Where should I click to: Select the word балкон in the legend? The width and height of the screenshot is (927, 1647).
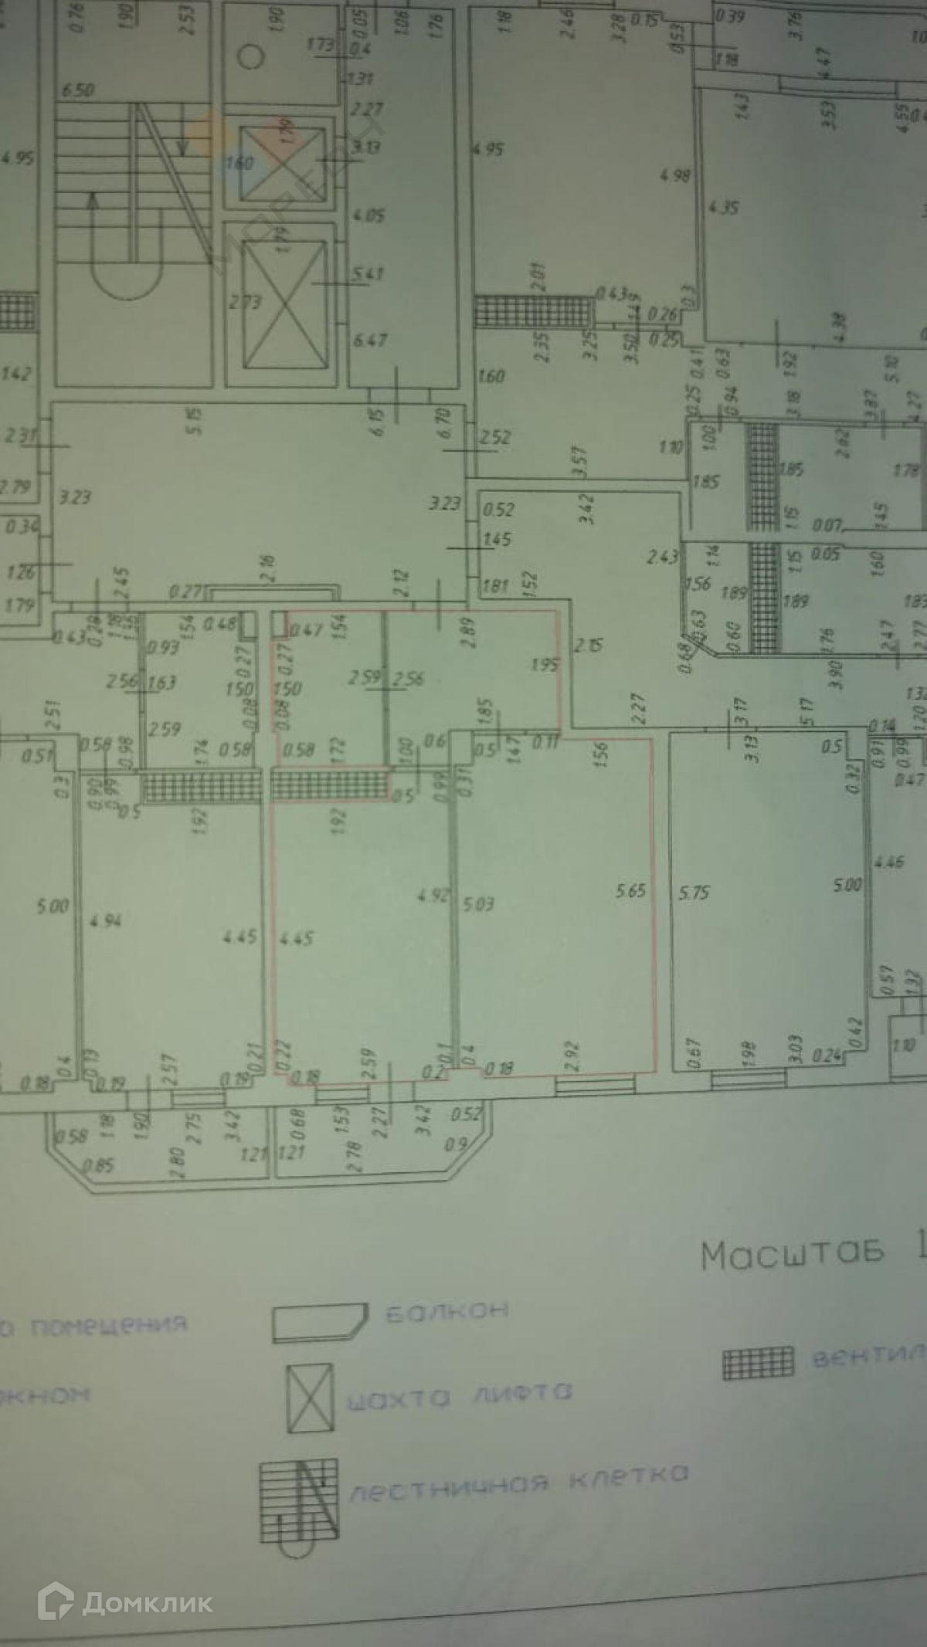(x=447, y=1310)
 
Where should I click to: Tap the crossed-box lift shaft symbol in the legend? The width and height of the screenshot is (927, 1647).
(x=310, y=1398)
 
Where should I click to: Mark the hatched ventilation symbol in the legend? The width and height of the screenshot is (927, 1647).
(x=758, y=1363)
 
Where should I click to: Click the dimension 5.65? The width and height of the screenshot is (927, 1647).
(x=630, y=890)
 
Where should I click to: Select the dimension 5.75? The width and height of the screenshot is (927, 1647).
(x=694, y=892)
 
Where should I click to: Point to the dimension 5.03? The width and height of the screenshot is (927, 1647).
(x=478, y=903)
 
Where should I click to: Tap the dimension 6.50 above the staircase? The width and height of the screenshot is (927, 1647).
(x=78, y=90)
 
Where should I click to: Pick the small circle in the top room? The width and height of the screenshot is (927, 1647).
(x=251, y=56)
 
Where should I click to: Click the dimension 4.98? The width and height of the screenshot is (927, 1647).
(x=675, y=175)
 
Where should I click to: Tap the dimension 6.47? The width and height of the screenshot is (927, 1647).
(x=370, y=339)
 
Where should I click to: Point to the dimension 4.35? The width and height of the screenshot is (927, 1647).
(x=724, y=207)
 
